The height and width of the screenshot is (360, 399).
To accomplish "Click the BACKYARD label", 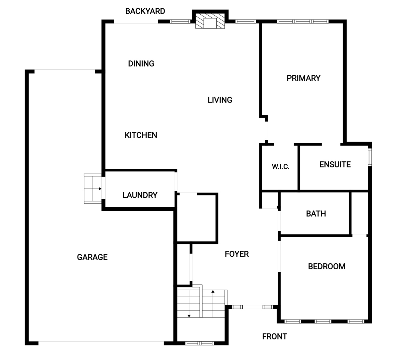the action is pyautogui.click(x=145, y=11).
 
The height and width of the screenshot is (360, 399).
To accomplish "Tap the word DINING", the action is pyautogui.click(x=141, y=64).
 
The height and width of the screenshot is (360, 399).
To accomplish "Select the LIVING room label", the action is pyautogui.click(x=220, y=100).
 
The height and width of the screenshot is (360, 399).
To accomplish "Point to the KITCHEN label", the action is pyautogui.click(x=141, y=135).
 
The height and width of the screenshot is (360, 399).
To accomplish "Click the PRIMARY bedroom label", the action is pyautogui.click(x=304, y=78).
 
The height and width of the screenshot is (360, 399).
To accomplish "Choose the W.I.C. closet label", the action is pyautogui.click(x=281, y=166).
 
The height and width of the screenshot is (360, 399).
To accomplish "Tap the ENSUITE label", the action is pyautogui.click(x=335, y=164).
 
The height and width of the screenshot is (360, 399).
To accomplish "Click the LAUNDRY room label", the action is pyautogui.click(x=140, y=195).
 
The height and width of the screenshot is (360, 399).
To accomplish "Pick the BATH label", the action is pyautogui.click(x=316, y=214).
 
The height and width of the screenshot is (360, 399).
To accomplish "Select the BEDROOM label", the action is pyautogui.click(x=327, y=266).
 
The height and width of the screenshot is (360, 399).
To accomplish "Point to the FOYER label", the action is pyautogui.click(x=237, y=254).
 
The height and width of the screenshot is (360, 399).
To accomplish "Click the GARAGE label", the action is pyautogui.click(x=92, y=257).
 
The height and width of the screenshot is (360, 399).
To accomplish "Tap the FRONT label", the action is pyautogui.click(x=275, y=336).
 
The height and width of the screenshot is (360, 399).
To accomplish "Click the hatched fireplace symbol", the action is pyautogui.click(x=210, y=21).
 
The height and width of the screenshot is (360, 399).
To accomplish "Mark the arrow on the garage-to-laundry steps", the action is pyautogui.click(x=97, y=189).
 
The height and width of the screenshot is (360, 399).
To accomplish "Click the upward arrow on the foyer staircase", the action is pyautogui.click(x=213, y=304).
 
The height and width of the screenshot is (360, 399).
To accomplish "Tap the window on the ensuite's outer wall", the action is pyautogui.click(x=369, y=157).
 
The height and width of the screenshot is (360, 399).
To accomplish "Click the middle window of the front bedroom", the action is pyautogui.click(x=323, y=321).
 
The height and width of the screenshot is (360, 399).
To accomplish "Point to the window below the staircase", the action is pyautogui.click(x=199, y=343).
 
